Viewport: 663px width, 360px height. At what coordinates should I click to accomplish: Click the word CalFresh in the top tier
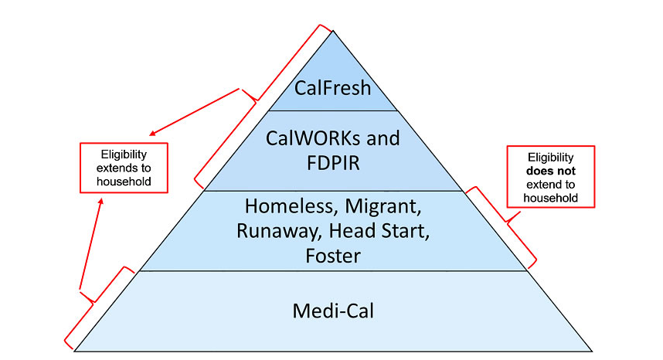click(x=332, y=87)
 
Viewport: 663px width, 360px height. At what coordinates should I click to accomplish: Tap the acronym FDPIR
click(x=332, y=164)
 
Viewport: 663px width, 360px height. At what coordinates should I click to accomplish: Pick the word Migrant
click(x=382, y=206)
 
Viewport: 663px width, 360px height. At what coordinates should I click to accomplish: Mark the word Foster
click(x=332, y=255)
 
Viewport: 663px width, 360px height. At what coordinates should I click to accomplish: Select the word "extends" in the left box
click(x=124, y=168)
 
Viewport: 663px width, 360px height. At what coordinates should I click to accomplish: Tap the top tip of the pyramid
click(x=333, y=32)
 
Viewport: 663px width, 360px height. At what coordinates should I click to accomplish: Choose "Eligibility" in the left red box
click(x=124, y=154)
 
